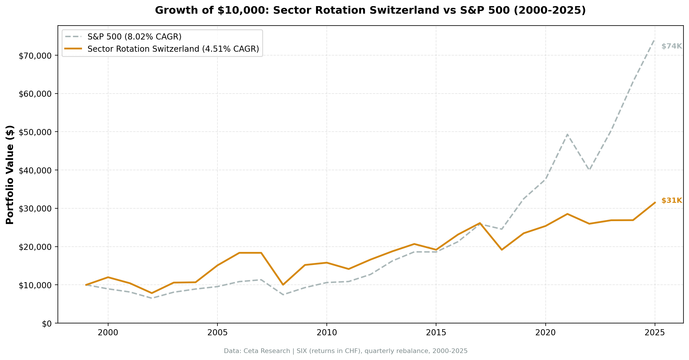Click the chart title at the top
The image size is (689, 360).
370,10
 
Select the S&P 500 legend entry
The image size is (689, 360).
134,37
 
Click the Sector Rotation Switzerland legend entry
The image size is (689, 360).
173,49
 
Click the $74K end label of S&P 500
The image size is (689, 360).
671,46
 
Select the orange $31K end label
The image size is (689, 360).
671,201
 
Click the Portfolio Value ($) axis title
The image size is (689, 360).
10,175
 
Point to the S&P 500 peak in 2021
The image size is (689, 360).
567,134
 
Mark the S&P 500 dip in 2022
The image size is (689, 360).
589,170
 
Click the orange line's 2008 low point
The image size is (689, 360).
283,284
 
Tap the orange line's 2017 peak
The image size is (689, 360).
480,223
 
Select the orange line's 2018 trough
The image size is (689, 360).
501,250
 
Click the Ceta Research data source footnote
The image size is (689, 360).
345,351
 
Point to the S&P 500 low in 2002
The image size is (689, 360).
152,298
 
